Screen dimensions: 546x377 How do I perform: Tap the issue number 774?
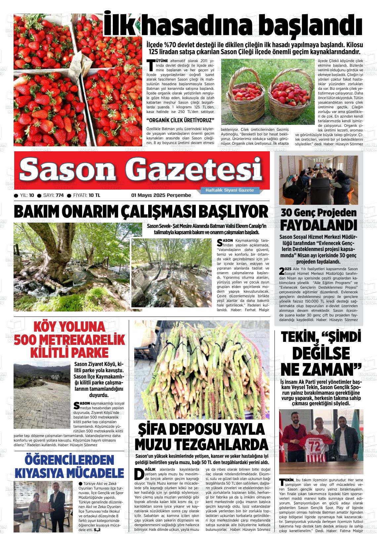pos(60,195)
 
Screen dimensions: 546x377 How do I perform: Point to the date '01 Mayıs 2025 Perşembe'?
pos(161,195)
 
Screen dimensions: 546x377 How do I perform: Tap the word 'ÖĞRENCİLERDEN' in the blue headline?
pos(69,460)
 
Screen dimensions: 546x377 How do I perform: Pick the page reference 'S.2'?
pos(97,530)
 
